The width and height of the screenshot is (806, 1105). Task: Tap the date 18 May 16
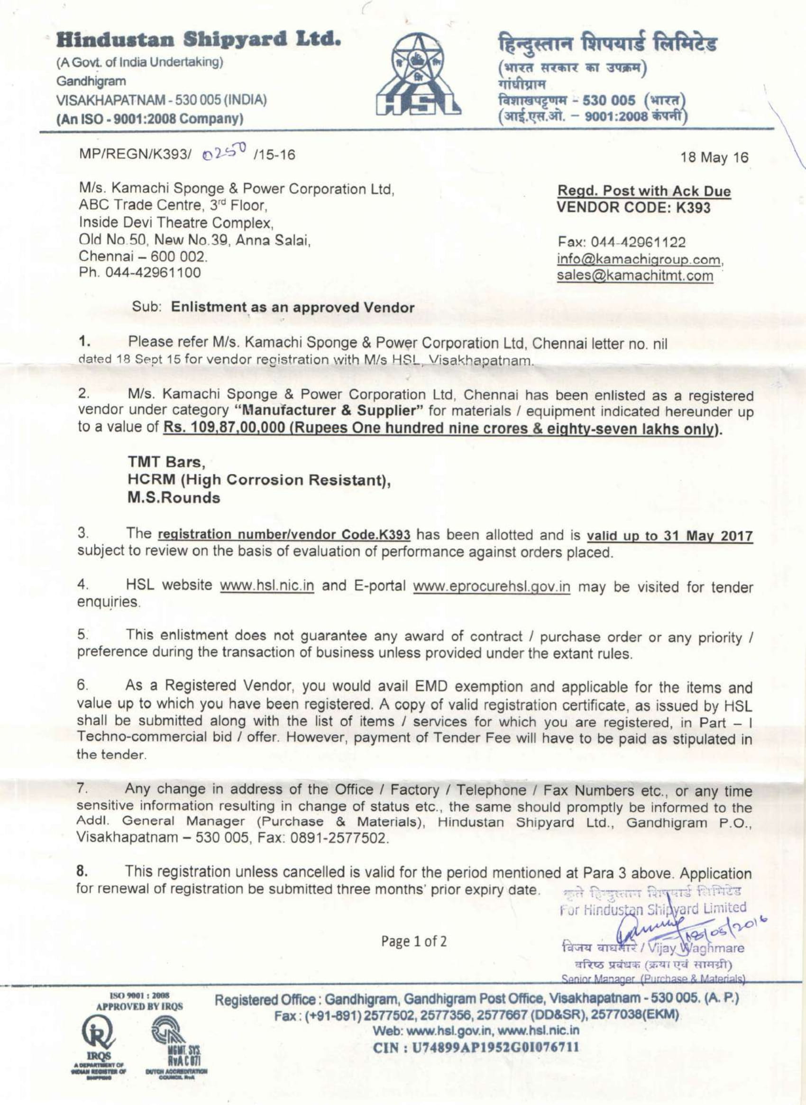click(x=717, y=157)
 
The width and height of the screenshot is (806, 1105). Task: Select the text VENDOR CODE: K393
click(x=634, y=208)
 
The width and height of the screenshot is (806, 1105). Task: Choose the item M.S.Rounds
click(x=174, y=498)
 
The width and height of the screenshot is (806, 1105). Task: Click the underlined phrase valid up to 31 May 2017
click(x=669, y=536)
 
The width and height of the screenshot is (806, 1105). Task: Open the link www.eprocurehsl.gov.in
click(x=491, y=586)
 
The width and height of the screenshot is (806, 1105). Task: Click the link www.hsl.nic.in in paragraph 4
click(x=267, y=585)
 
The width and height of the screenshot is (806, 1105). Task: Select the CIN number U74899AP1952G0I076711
click(x=476, y=1048)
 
